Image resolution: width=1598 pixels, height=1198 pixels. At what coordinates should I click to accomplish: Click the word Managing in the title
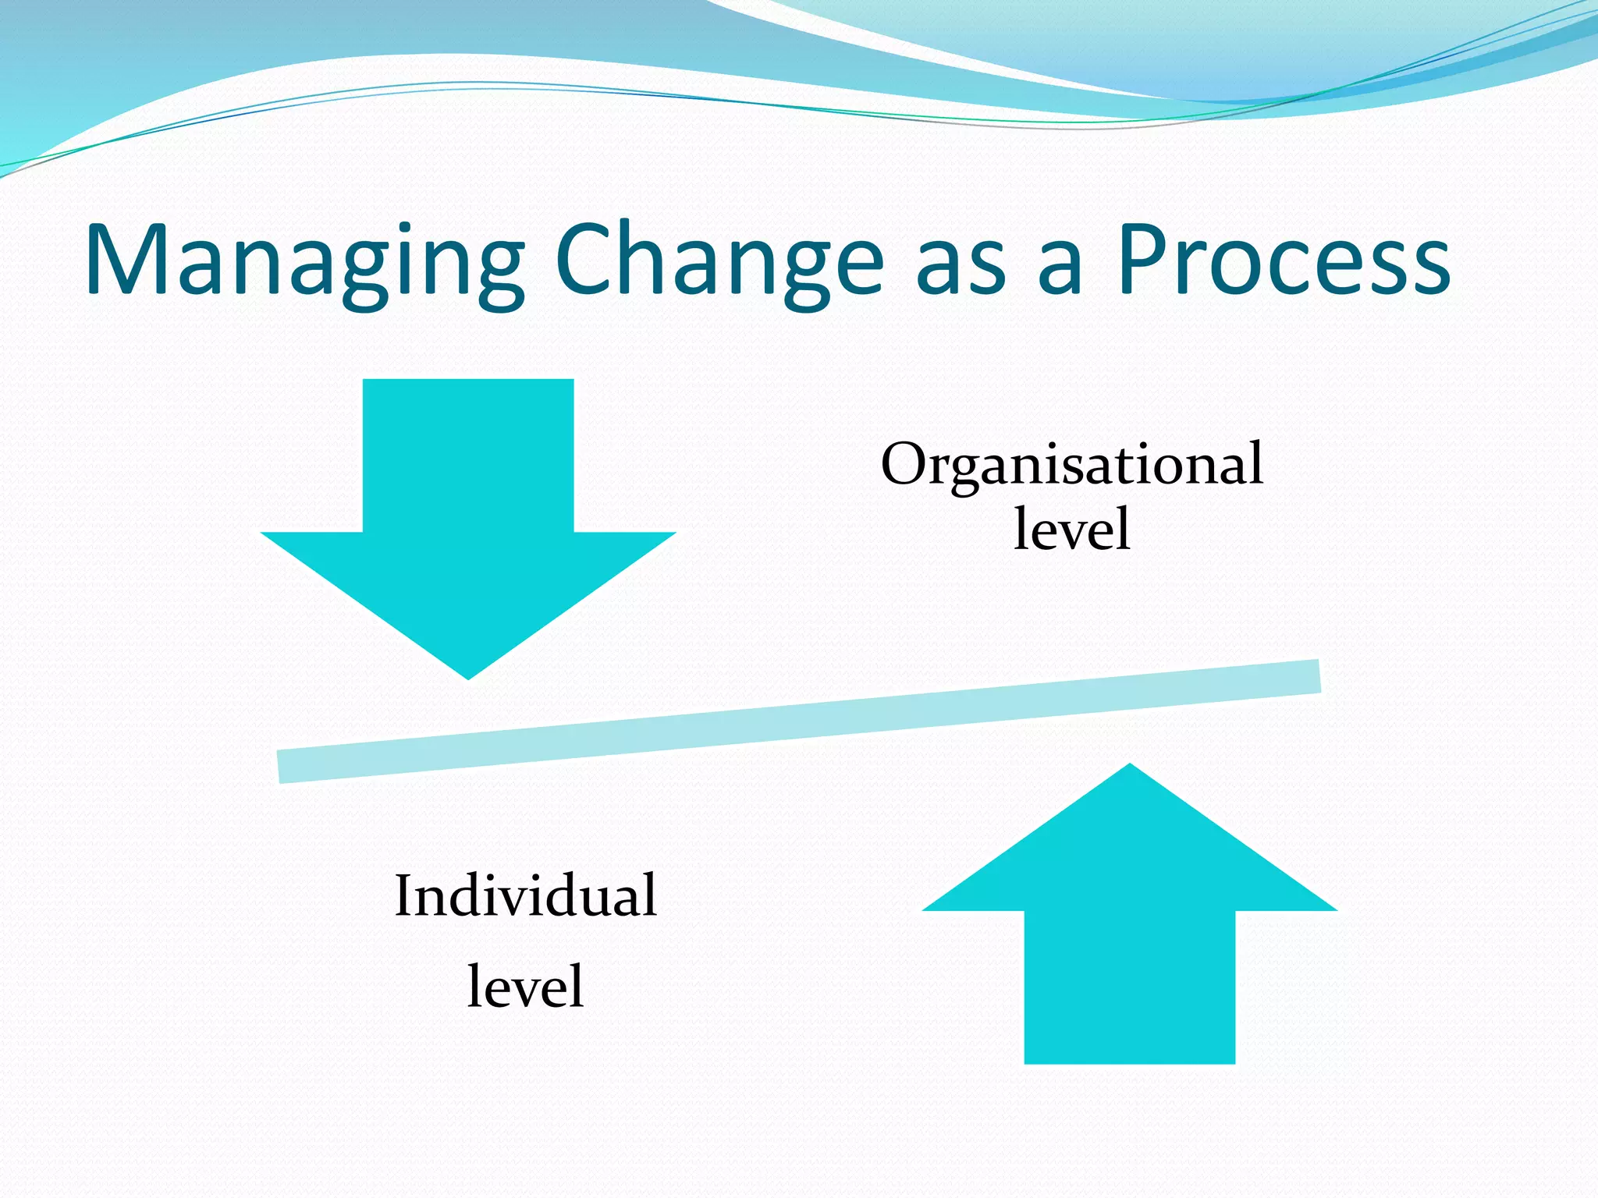pyautogui.click(x=304, y=261)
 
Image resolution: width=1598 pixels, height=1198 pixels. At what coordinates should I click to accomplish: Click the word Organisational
pyautogui.click(x=1071, y=466)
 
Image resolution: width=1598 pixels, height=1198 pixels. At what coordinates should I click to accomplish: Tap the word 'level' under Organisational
pyautogui.click(x=1071, y=530)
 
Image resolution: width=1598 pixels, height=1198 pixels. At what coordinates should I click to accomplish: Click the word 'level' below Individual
pyautogui.click(x=525, y=987)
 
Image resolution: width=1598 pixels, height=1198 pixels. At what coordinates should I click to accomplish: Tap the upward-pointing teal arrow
pyautogui.click(x=1129, y=920)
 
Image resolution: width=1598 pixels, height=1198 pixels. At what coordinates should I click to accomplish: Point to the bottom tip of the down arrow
pyautogui.click(x=468, y=675)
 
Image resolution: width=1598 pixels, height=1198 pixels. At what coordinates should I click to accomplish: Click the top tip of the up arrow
pyautogui.click(x=1130, y=767)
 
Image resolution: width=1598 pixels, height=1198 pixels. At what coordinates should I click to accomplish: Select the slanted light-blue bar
pyautogui.click(x=799, y=721)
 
